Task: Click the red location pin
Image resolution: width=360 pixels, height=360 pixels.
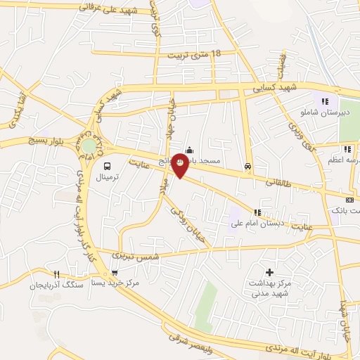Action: (x=180, y=165)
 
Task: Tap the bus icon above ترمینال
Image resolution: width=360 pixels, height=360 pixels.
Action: (x=107, y=167)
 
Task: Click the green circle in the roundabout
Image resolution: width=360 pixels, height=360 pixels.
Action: (x=89, y=146)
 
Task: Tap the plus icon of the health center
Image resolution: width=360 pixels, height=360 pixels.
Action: (x=269, y=271)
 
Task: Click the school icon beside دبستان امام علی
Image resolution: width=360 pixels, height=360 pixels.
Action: (x=257, y=212)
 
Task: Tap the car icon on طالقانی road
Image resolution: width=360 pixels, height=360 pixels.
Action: (x=247, y=167)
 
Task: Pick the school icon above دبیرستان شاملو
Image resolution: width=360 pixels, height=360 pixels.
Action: (x=325, y=101)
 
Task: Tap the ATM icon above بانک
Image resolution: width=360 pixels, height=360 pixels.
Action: (x=350, y=200)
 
